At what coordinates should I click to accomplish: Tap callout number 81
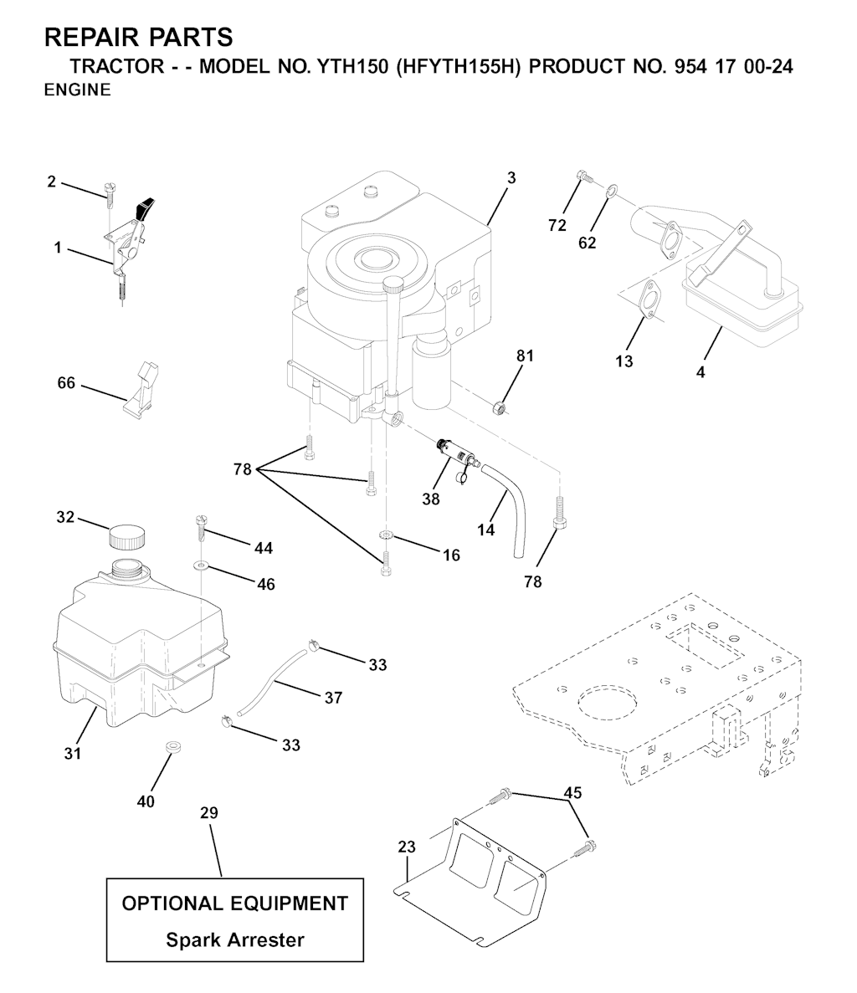(x=525, y=356)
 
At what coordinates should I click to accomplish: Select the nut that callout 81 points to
(x=499, y=408)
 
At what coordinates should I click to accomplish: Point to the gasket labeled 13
(x=650, y=302)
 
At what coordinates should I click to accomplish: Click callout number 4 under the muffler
(x=700, y=372)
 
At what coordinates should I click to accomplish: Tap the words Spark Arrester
(x=234, y=939)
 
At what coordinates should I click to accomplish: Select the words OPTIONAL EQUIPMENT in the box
(x=234, y=903)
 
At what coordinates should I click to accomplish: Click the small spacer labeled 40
(x=173, y=745)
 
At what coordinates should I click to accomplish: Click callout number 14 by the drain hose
(x=486, y=530)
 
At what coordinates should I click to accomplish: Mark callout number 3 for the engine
(x=511, y=177)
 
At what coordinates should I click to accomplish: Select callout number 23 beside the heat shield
(x=407, y=847)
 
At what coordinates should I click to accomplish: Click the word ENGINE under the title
(x=77, y=90)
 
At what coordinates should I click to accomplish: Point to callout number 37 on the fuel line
(x=333, y=697)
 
